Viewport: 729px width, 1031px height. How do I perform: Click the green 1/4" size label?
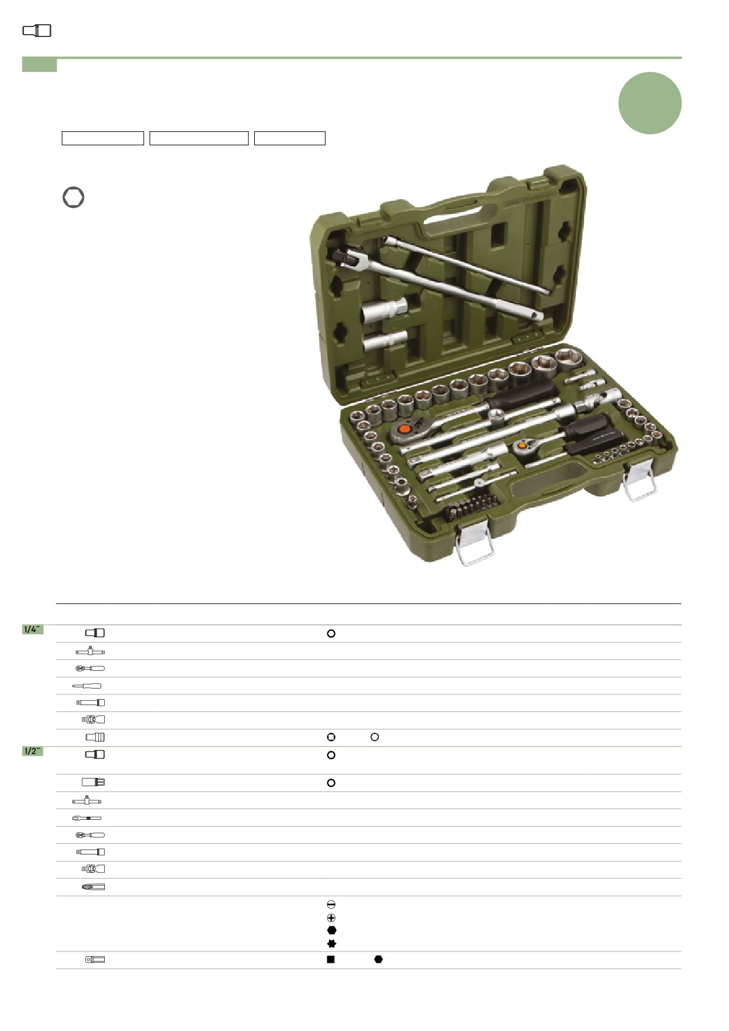point(32,630)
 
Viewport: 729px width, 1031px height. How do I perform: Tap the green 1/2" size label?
point(32,751)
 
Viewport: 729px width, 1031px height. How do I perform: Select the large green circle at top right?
point(650,103)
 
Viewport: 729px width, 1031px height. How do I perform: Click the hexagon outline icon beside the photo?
point(74,197)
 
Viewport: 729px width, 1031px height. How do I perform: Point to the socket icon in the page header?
point(37,31)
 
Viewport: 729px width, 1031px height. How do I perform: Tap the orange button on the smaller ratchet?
point(522,445)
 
